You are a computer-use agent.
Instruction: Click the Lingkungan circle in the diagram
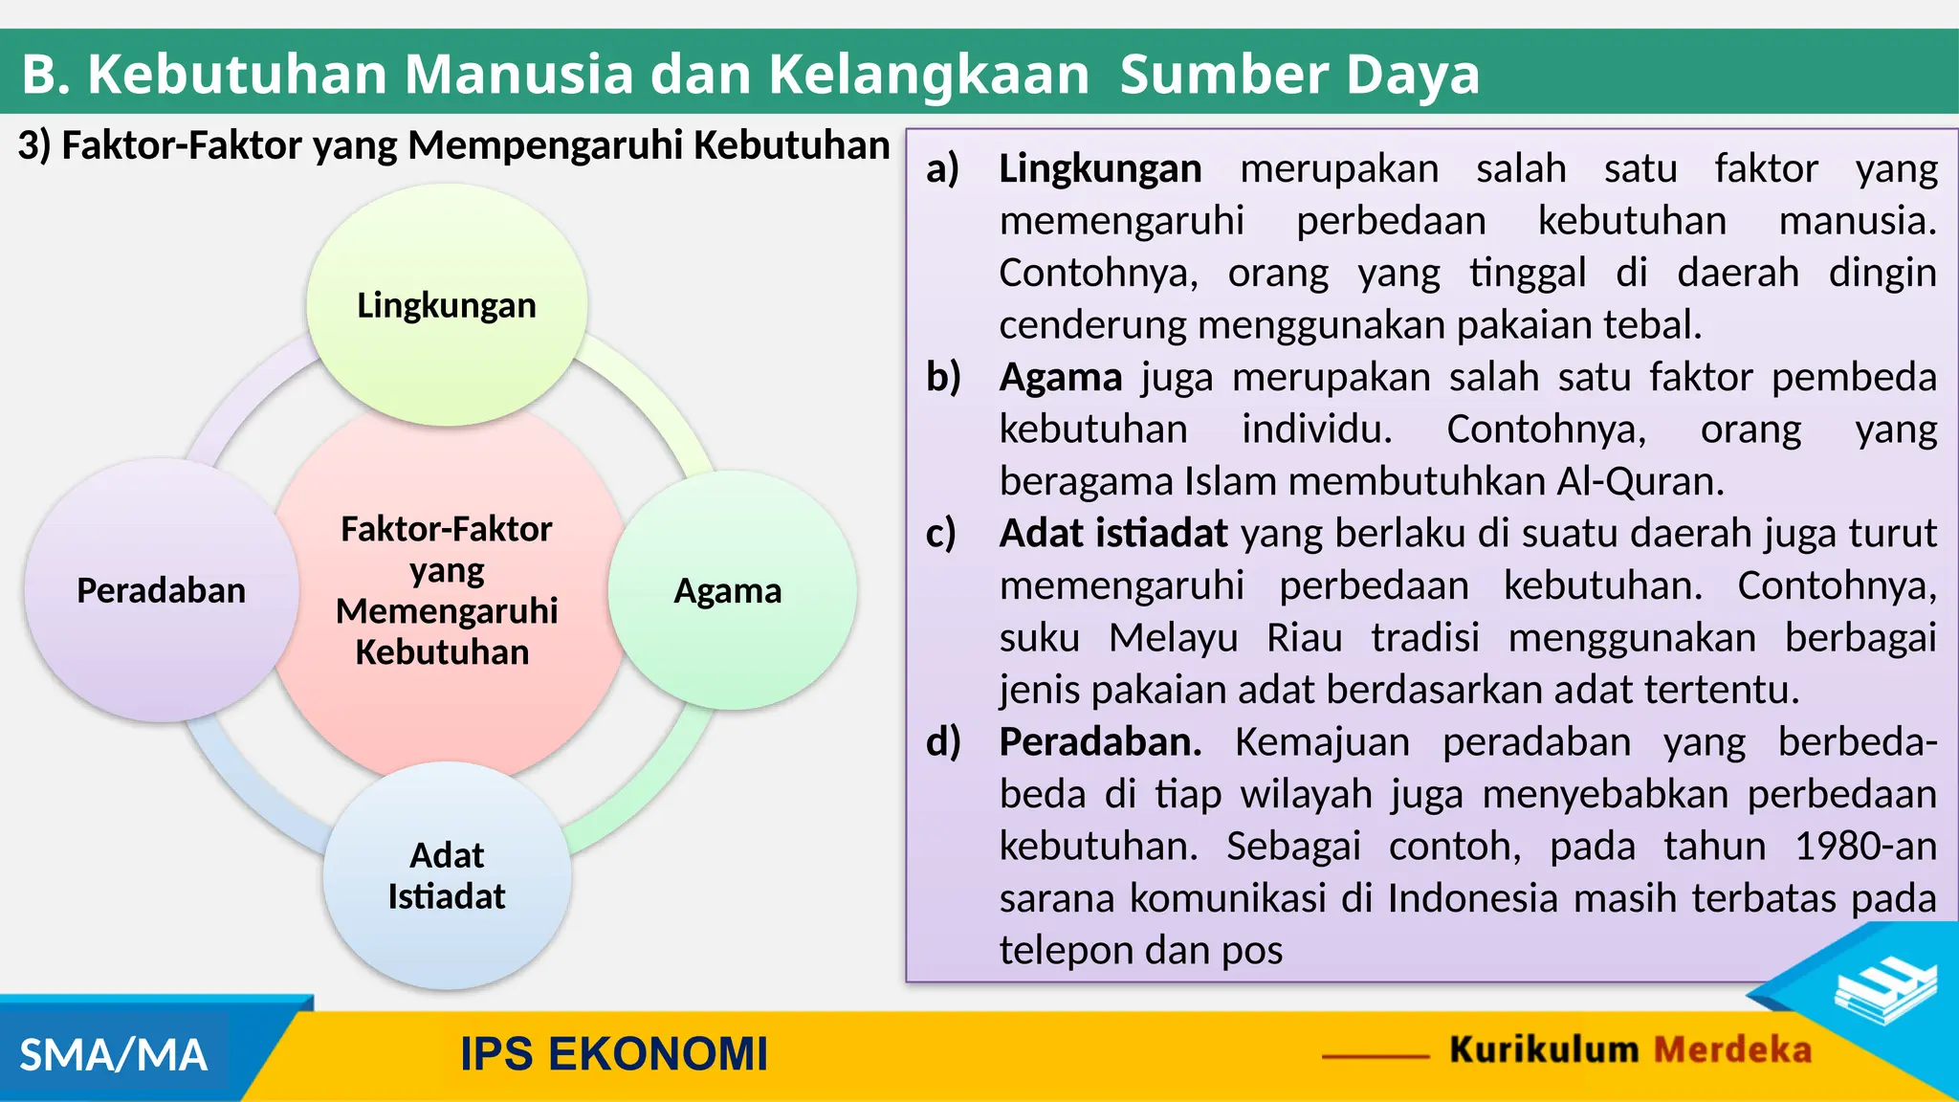coord(447,305)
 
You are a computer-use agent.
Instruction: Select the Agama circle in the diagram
coord(731,590)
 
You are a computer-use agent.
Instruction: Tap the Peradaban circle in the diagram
coord(161,590)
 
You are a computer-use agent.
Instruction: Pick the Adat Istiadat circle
coord(447,875)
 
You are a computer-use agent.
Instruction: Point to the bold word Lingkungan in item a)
coord(1100,169)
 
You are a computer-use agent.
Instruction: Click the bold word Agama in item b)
coord(1060,378)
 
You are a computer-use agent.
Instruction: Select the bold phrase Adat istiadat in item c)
coord(1112,534)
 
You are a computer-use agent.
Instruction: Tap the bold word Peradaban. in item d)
coord(1100,742)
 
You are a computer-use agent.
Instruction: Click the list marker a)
coord(942,169)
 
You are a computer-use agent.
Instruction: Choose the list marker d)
coord(943,742)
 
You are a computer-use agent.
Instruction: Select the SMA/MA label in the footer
coord(113,1055)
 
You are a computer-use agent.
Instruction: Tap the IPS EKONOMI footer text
coord(614,1054)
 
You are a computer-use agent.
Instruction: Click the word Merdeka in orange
coord(1732,1050)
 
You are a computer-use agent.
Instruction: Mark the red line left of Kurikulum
coord(1376,1056)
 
